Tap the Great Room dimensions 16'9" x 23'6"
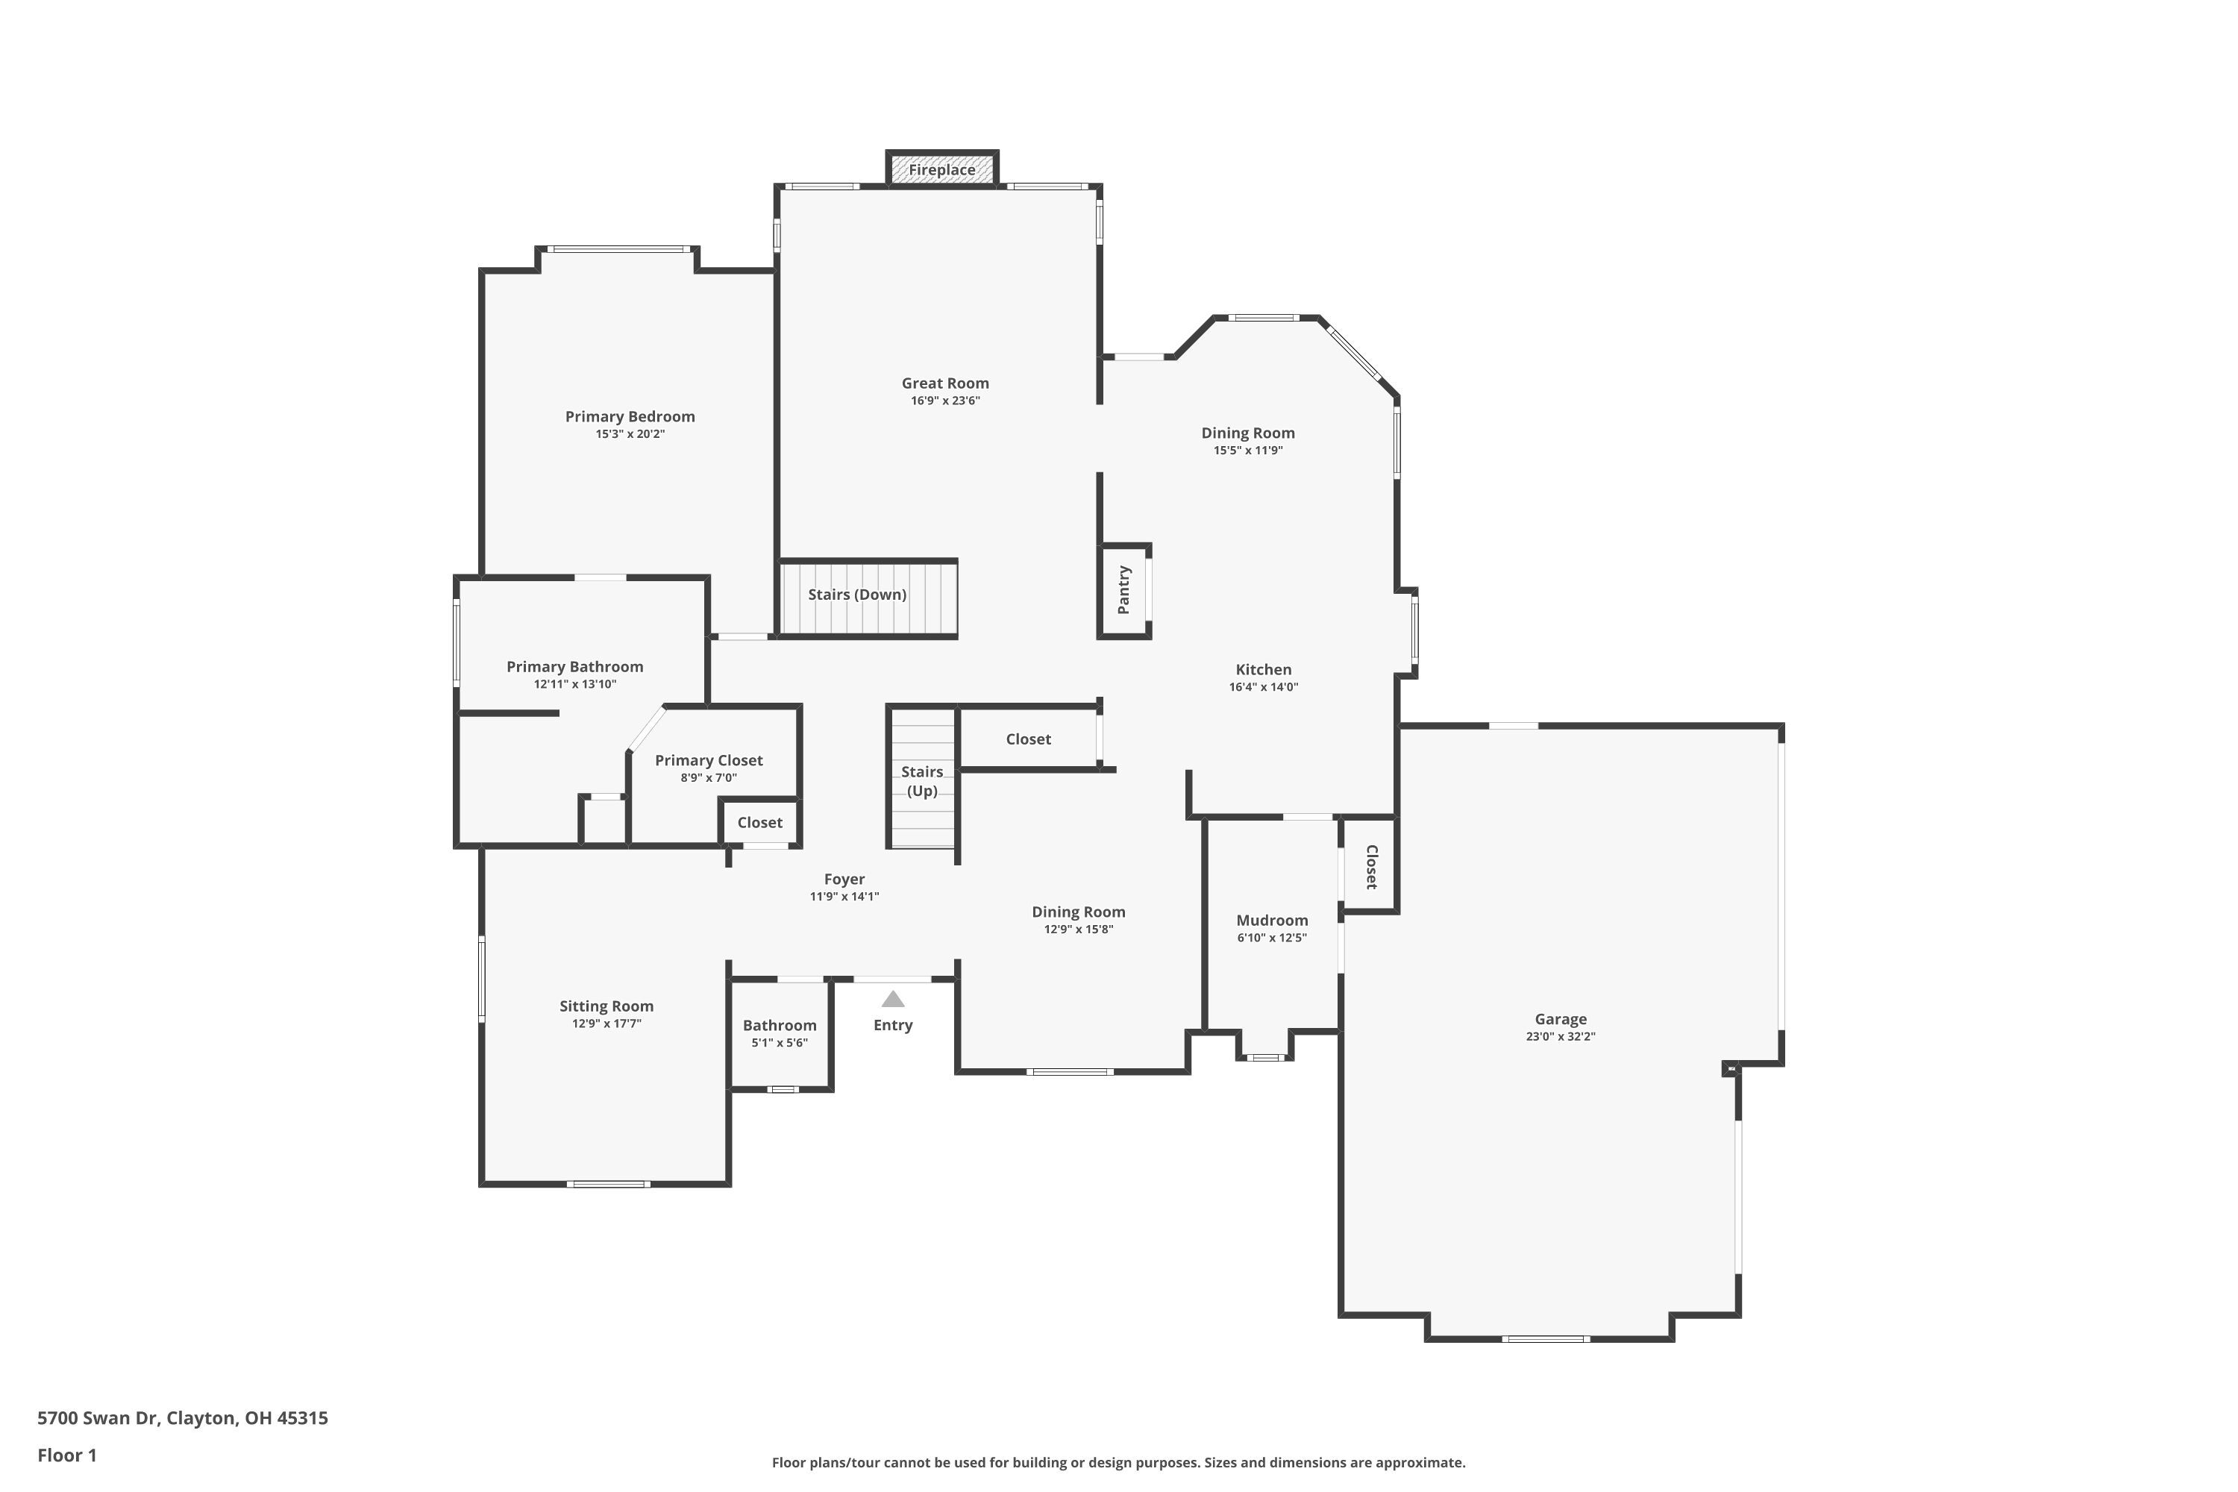tap(945, 401)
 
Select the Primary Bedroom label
tap(630, 417)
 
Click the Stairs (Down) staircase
tap(867, 598)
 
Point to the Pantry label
tap(1123, 590)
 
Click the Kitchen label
tap(1263, 670)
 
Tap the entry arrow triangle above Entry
tap(892, 999)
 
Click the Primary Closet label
tap(708, 760)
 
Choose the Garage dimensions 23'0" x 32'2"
tap(1560, 1037)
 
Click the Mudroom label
tap(1271, 920)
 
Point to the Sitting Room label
tap(606, 1006)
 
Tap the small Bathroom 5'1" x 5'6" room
tap(780, 1034)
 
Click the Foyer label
tap(844, 880)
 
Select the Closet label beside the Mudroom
tap(1370, 867)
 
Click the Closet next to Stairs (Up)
tap(1028, 739)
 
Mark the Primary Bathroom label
tap(574, 667)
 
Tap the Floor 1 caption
tap(66, 1455)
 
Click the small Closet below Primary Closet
tap(759, 823)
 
